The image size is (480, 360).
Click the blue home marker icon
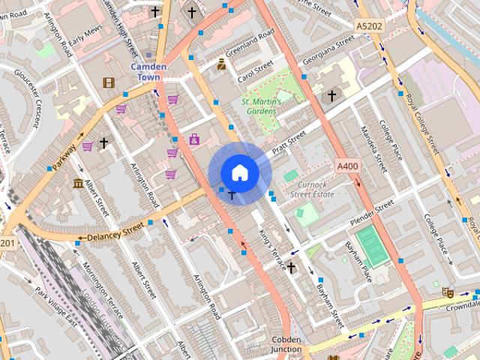pos(239,172)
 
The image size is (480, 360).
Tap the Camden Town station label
pos(148,71)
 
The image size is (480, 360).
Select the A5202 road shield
pos(368,26)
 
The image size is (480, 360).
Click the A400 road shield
pos(348,166)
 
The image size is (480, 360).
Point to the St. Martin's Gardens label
pos(261,106)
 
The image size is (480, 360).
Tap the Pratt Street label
pos(289,141)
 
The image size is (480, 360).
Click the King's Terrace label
pos(272,250)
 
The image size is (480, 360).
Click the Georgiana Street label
pos(327,52)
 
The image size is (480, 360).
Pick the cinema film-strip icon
pos(109,82)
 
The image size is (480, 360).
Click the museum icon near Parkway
pos(79,184)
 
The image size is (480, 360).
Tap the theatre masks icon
pos(448,292)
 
